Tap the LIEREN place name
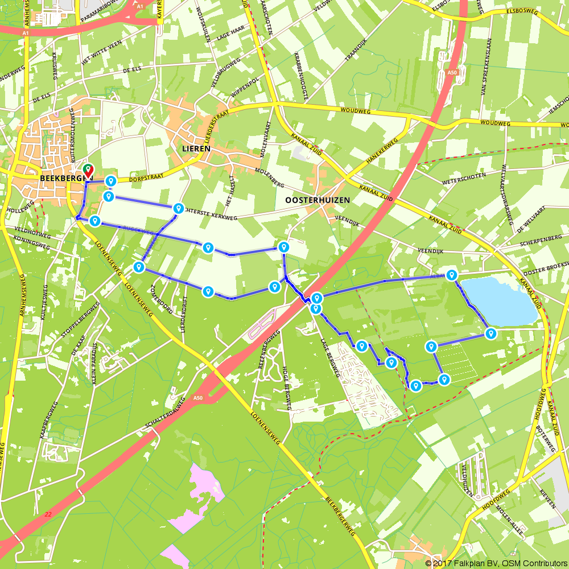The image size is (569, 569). pos(196,149)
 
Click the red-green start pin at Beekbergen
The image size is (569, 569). pos(88,170)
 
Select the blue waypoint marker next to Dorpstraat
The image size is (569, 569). pos(111,181)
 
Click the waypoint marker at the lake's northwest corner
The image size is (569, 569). pos(451,275)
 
